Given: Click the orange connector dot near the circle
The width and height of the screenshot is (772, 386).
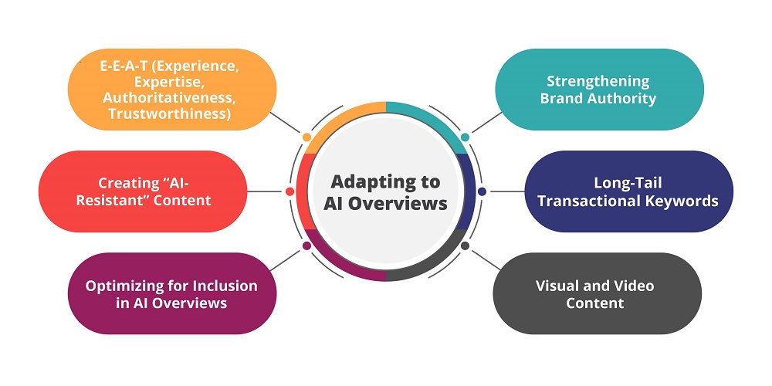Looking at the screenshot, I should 307,137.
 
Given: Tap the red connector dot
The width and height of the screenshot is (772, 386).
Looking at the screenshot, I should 289,191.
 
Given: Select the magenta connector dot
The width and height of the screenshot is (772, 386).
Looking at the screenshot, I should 307,245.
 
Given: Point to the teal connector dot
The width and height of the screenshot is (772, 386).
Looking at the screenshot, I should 465,137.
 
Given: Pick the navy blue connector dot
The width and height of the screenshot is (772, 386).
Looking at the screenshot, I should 482,191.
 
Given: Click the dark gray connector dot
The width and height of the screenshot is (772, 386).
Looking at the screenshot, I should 465,245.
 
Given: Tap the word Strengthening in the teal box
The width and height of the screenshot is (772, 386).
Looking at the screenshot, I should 598,81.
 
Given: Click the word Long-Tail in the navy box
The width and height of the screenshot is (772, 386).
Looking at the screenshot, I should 628,184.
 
